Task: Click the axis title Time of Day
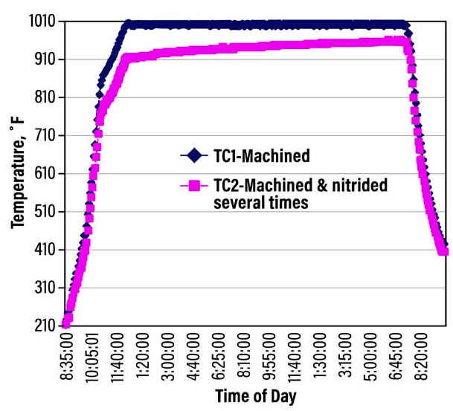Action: [249, 396]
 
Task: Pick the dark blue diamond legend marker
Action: [195, 155]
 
